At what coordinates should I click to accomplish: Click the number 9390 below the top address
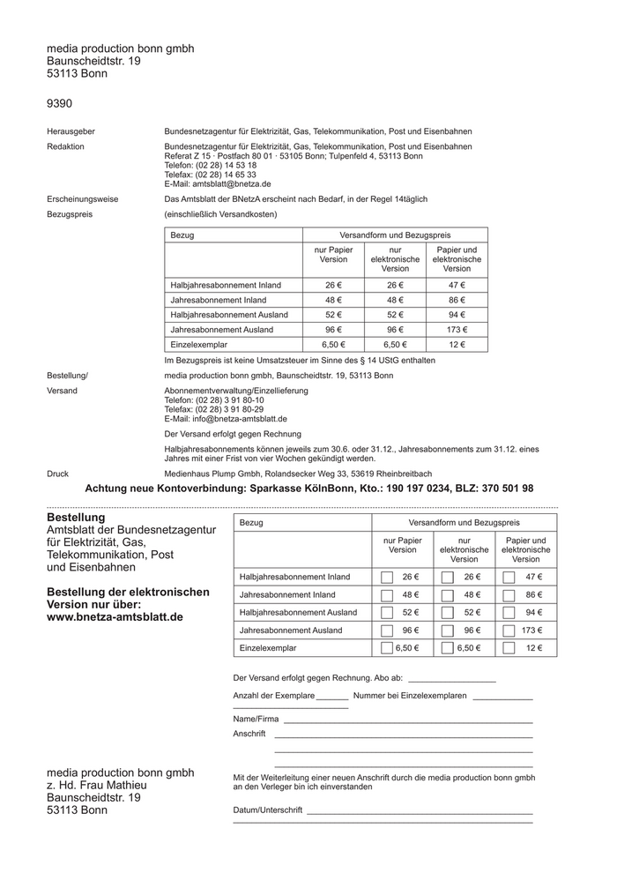point(59,104)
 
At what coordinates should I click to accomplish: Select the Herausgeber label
point(71,131)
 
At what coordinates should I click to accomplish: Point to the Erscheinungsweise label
point(83,199)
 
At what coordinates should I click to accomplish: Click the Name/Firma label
point(255,719)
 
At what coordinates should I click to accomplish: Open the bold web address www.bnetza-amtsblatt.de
point(115,617)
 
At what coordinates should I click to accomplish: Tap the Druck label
point(57,474)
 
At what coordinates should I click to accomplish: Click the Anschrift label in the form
point(249,734)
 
